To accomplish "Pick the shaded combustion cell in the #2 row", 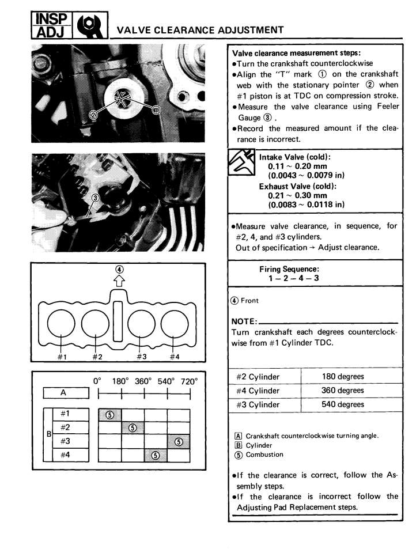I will (x=133, y=428).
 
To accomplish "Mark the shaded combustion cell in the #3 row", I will (x=178, y=442).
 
